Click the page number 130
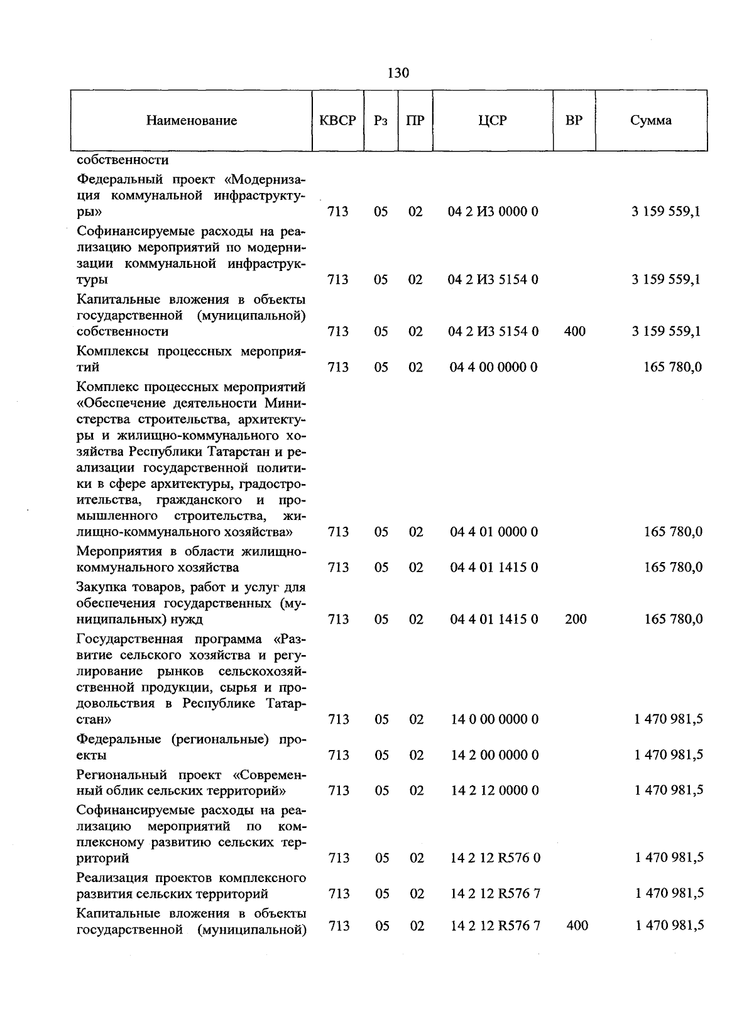398,73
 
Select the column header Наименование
192,121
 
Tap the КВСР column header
337,120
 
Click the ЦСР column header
492,120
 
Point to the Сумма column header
651,120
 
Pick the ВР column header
574,120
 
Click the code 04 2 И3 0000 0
493,212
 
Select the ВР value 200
576,619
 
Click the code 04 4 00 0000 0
493,367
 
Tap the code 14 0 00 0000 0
494,719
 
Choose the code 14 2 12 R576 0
494,858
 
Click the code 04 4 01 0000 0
493,532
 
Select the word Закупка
103,587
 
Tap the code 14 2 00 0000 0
494,755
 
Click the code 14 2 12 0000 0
494,790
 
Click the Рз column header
380,120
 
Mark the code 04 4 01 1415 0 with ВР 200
493,619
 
